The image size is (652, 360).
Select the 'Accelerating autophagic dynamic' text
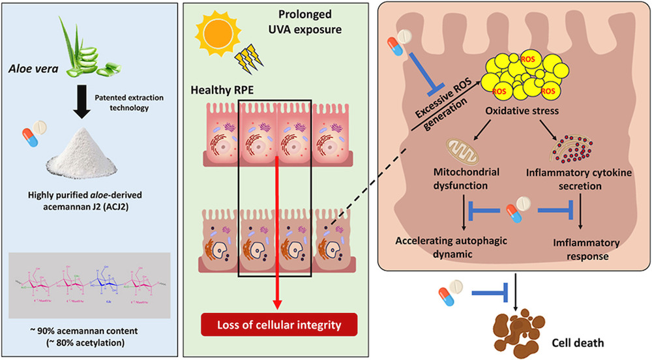pos(460,248)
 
